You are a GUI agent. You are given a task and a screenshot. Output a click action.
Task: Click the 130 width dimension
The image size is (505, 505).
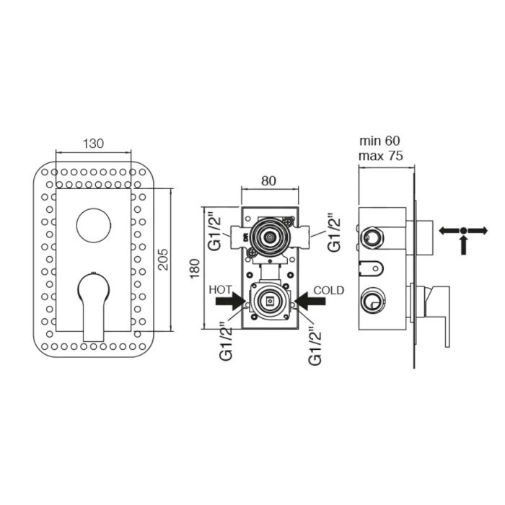coord(93,144)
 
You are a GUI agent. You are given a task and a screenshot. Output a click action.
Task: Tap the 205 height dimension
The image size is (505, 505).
coord(163,259)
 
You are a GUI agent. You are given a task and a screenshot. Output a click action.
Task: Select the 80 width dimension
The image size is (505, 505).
coord(268,181)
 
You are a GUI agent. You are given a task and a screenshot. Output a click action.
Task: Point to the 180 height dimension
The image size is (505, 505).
coord(195,268)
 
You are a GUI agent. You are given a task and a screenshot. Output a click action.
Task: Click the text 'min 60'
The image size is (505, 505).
coord(379,141)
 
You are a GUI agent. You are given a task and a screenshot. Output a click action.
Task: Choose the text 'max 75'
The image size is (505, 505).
coord(381,156)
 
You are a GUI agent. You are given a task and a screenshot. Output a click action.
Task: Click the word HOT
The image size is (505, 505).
coord(220,290)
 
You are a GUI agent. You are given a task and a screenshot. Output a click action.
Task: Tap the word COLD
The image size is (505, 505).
coord(329,290)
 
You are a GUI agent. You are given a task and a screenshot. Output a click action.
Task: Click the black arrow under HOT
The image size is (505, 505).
coord(231,301)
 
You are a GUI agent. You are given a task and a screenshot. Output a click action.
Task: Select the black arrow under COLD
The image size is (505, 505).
coord(309,301)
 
